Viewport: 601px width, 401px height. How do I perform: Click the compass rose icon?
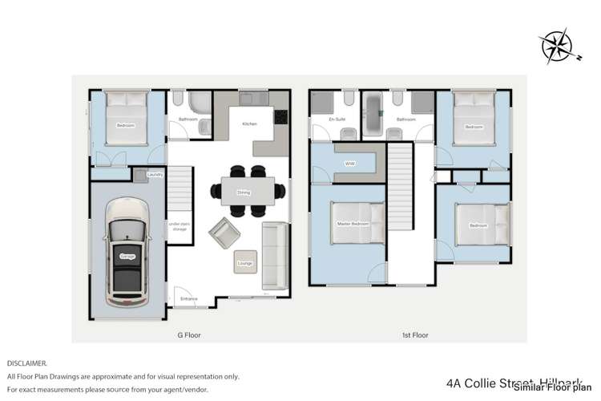tap(557, 47)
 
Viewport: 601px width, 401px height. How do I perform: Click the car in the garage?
tap(127, 256)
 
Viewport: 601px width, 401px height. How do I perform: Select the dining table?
tap(243, 191)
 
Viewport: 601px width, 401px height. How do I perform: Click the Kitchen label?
tap(249, 124)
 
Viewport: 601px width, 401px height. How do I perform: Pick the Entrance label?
tap(189, 298)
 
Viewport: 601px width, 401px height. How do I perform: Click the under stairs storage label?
tap(179, 228)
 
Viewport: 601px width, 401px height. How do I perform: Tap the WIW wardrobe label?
tap(349, 164)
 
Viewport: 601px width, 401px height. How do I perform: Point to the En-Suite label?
tap(337, 119)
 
